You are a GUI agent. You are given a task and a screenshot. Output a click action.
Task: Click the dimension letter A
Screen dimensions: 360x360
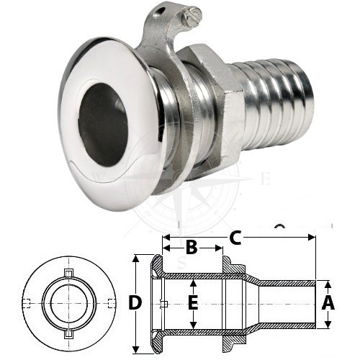pyautogui.click(x=328, y=303)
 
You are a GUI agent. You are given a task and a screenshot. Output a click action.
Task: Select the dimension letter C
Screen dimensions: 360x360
pyautogui.click(x=235, y=238)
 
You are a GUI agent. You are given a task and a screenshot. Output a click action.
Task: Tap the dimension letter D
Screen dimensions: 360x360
pyautogui.click(x=135, y=302)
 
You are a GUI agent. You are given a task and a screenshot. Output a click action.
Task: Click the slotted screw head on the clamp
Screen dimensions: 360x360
pyautogui.click(x=192, y=16)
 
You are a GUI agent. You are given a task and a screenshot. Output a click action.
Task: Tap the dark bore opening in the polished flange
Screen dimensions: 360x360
pyautogui.click(x=102, y=125)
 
